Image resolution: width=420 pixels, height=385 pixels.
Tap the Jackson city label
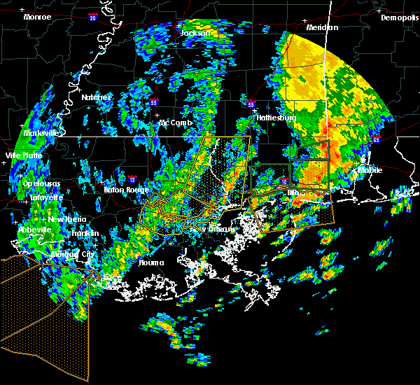[195, 33]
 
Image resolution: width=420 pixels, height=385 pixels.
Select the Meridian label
[321, 27]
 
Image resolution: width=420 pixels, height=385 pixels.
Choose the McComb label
[174, 123]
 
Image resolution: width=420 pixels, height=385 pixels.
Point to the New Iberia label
[68, 219]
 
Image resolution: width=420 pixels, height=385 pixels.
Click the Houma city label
[150, 263]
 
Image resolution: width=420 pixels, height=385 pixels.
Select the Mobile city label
[368, 170]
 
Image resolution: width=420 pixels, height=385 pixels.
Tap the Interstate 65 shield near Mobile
[376, 139]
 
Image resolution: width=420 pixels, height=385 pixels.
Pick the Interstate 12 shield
[133, 179]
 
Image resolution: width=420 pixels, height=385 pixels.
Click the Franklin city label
[85, 233]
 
